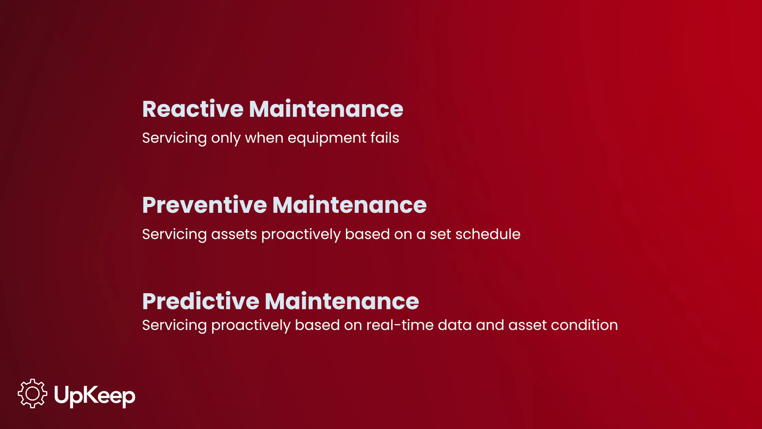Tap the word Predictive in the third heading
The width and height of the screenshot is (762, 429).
(201, 301)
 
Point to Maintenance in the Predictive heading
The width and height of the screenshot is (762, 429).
(342, 301)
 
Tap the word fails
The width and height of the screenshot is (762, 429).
(385, 138)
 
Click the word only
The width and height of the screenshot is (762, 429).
(226, 138)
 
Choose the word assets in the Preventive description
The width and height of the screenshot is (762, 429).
(234, 234)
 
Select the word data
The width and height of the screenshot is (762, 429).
(454, 325)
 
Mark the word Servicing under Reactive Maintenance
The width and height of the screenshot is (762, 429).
(174, 138)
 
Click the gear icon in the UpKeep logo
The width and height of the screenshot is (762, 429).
(33, 394)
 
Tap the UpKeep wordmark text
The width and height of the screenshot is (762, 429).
(95, 396)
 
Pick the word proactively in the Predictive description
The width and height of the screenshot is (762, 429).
(251, 325)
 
